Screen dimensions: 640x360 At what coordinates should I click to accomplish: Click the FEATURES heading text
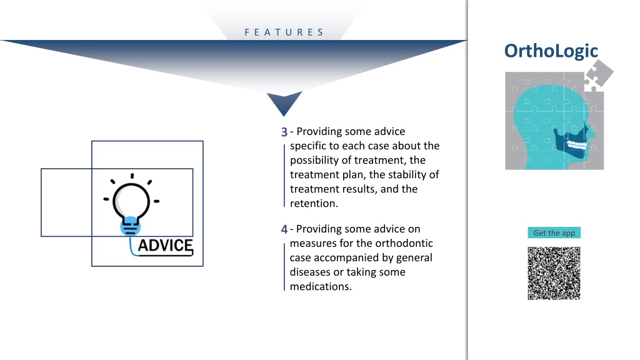[284, 32]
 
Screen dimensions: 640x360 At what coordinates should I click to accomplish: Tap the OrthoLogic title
[551, 51]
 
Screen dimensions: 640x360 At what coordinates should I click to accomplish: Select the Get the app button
[554, 232]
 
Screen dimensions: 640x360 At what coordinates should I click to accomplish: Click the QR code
[554, 273]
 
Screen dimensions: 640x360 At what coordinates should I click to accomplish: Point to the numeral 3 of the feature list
[284, 132]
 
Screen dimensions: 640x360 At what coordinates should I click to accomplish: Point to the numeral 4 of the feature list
[284, 229]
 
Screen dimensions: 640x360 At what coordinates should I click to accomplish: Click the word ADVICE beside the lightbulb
[165, 245]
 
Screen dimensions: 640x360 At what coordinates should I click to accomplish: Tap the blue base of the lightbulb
[130, 226]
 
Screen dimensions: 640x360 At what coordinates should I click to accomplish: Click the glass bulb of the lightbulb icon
[131, 201]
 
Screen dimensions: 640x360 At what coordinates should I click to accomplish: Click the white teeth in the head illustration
[577, 144]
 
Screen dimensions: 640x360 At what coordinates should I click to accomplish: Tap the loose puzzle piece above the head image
[598, 75]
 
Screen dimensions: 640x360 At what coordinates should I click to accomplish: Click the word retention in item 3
[313, 203]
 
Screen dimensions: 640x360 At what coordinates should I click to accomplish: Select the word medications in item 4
[320, 286]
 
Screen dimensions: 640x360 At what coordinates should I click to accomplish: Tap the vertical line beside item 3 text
[284, 176]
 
